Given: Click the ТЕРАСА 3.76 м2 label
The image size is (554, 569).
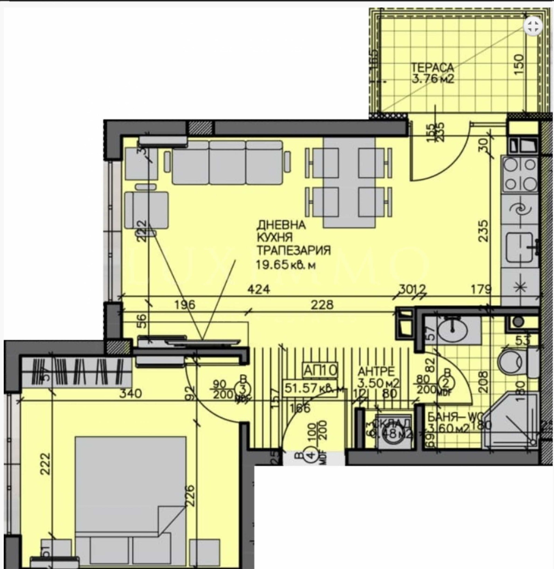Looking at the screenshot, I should [433, 73].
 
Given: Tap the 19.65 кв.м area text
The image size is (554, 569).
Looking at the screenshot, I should [286, 265].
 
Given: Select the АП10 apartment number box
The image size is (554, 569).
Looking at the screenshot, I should [320, 370].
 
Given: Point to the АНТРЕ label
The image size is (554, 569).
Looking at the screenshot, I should [376, 371].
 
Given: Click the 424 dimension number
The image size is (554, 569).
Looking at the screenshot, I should [259, 289].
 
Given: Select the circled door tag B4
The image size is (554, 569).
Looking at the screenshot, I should [312, 455].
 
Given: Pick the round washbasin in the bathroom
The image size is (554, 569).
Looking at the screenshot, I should [454, 329].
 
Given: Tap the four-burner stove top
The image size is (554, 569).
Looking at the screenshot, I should [520, 174].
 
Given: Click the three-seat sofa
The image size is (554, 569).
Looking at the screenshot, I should [227, 162].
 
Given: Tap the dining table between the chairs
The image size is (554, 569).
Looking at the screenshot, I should [349, 182].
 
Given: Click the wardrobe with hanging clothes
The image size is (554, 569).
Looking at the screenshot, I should [77, 372].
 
